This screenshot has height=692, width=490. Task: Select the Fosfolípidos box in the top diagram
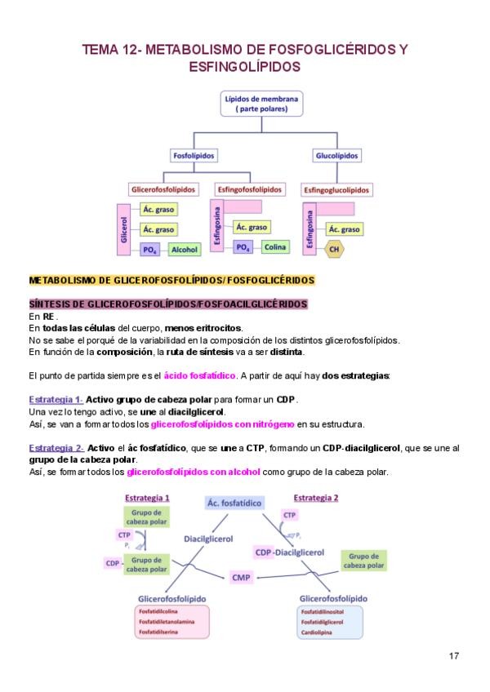click(x=193, y=155)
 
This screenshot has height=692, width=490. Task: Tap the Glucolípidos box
click(x=336, y=155)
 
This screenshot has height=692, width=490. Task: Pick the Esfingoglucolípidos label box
click(x=336, y=189)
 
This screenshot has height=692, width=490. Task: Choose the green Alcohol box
click(x=184, y=250)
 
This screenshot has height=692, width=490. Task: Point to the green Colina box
click(x=274, y=246)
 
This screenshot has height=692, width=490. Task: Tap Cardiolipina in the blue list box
click(x=316, y=632)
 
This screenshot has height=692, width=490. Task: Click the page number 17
click(x=455, y=655)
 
